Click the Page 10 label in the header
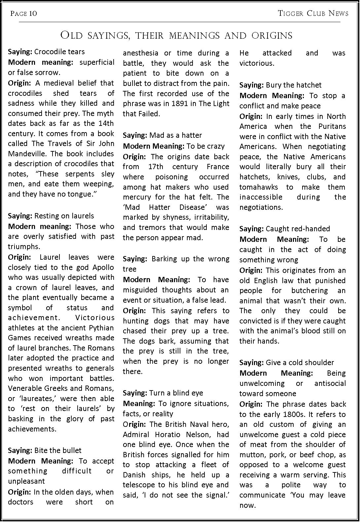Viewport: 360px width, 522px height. tap(24, 14)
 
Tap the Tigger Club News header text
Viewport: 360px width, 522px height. tap(313, 14)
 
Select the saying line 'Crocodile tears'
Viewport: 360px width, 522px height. tap(46, 52)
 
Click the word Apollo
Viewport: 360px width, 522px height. tap(102, 267)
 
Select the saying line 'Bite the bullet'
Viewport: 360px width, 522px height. tap(45, 450)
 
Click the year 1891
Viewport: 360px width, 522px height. tap(180, 104)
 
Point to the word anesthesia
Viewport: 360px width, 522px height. tap(140, 53)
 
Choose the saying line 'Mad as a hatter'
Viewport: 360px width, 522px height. tap(162, 135)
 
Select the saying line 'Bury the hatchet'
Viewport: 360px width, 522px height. tap(280, 85)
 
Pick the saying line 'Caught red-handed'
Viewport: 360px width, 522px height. tap(284, 229)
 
